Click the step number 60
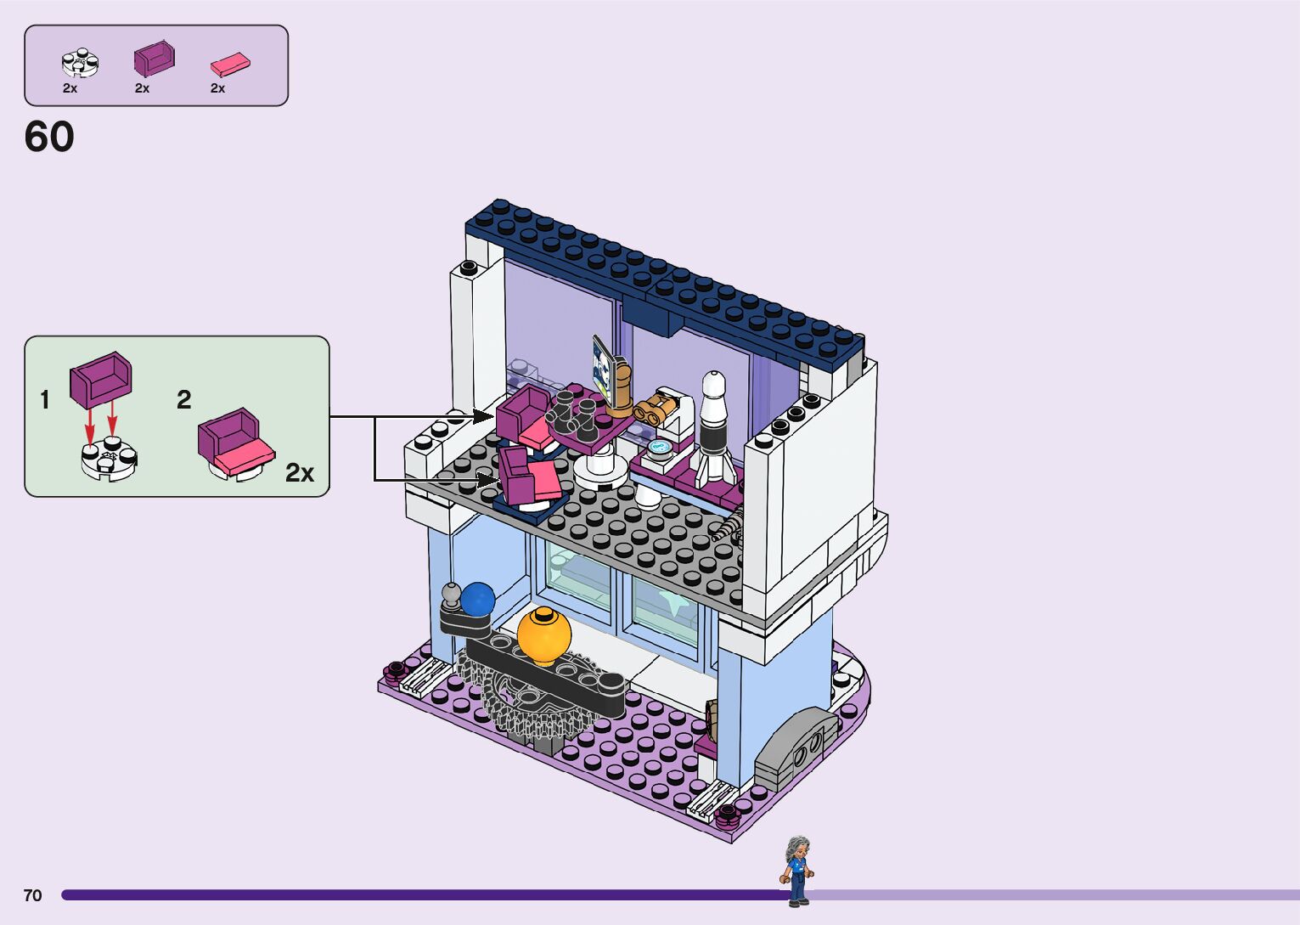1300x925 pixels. [49, 137]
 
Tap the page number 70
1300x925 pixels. [32, 895]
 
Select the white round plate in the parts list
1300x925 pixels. [81, 62]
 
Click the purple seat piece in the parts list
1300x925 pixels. [154, 58]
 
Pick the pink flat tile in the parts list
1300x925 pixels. [230, 64]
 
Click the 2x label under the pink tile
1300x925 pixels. [218, 88]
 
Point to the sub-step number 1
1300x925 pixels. [45, 400]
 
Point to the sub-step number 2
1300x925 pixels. [184, 400]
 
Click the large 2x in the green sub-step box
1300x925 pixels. [300, 473]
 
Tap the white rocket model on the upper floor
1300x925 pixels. [713, 429]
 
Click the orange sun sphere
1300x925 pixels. [543, 635]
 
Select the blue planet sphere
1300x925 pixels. [477, 599]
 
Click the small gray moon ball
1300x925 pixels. [451, 593]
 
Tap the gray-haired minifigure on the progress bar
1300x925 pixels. [796, 871]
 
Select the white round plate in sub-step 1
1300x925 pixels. [109, 460]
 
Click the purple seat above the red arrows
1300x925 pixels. [101, 378]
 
